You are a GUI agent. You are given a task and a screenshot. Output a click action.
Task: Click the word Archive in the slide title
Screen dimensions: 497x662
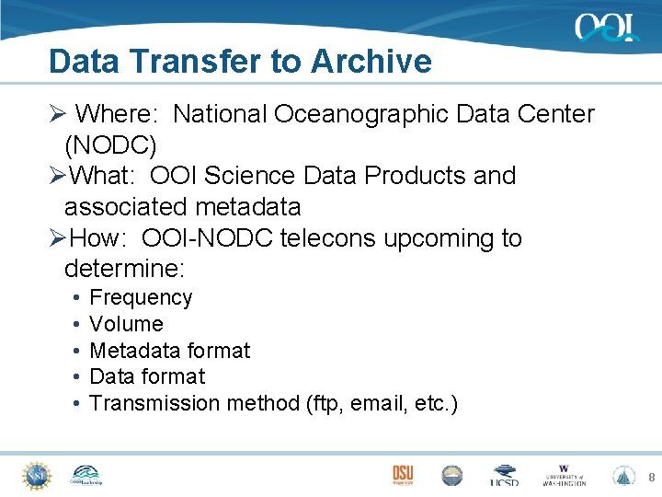tap(371, 62)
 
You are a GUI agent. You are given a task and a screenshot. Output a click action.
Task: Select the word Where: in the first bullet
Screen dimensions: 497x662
tap(118, 114)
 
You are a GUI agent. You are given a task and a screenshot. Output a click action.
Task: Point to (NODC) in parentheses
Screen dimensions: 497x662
tap(110, 145)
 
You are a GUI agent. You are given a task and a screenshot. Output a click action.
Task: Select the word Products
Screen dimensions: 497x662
tap(418, 176)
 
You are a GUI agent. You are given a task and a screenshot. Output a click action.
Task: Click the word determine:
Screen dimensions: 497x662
tap(124, 270)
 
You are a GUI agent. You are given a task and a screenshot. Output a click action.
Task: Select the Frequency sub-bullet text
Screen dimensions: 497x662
tap(141, 298)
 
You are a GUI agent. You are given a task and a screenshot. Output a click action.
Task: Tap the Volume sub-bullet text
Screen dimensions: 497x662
tap(126, 324)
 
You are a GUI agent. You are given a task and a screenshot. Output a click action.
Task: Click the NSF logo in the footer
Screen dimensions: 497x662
tap(36, 475)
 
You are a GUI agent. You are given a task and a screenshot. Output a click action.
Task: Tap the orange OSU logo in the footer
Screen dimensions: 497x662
tap(403, 474)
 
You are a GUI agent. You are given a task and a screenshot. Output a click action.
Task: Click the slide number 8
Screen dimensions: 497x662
tap(651, 477)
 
